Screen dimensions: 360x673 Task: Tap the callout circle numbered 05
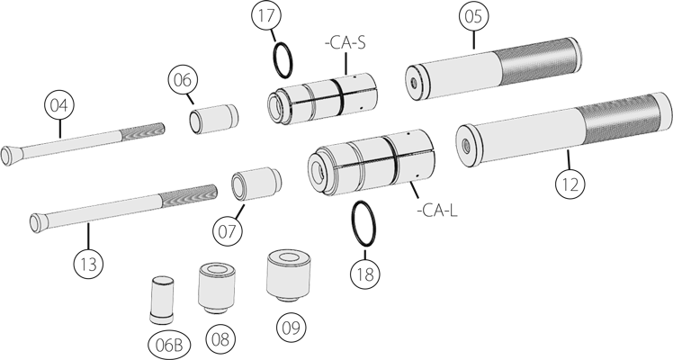tap(473, 17)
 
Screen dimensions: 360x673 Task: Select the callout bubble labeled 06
tap(183, 79)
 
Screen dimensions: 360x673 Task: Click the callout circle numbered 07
tap(228, 231)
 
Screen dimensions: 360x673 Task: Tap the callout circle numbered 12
tap(568, 184)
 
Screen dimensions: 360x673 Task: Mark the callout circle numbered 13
tap(88, 265)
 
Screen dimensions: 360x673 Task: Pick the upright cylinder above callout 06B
tap(161, 300)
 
